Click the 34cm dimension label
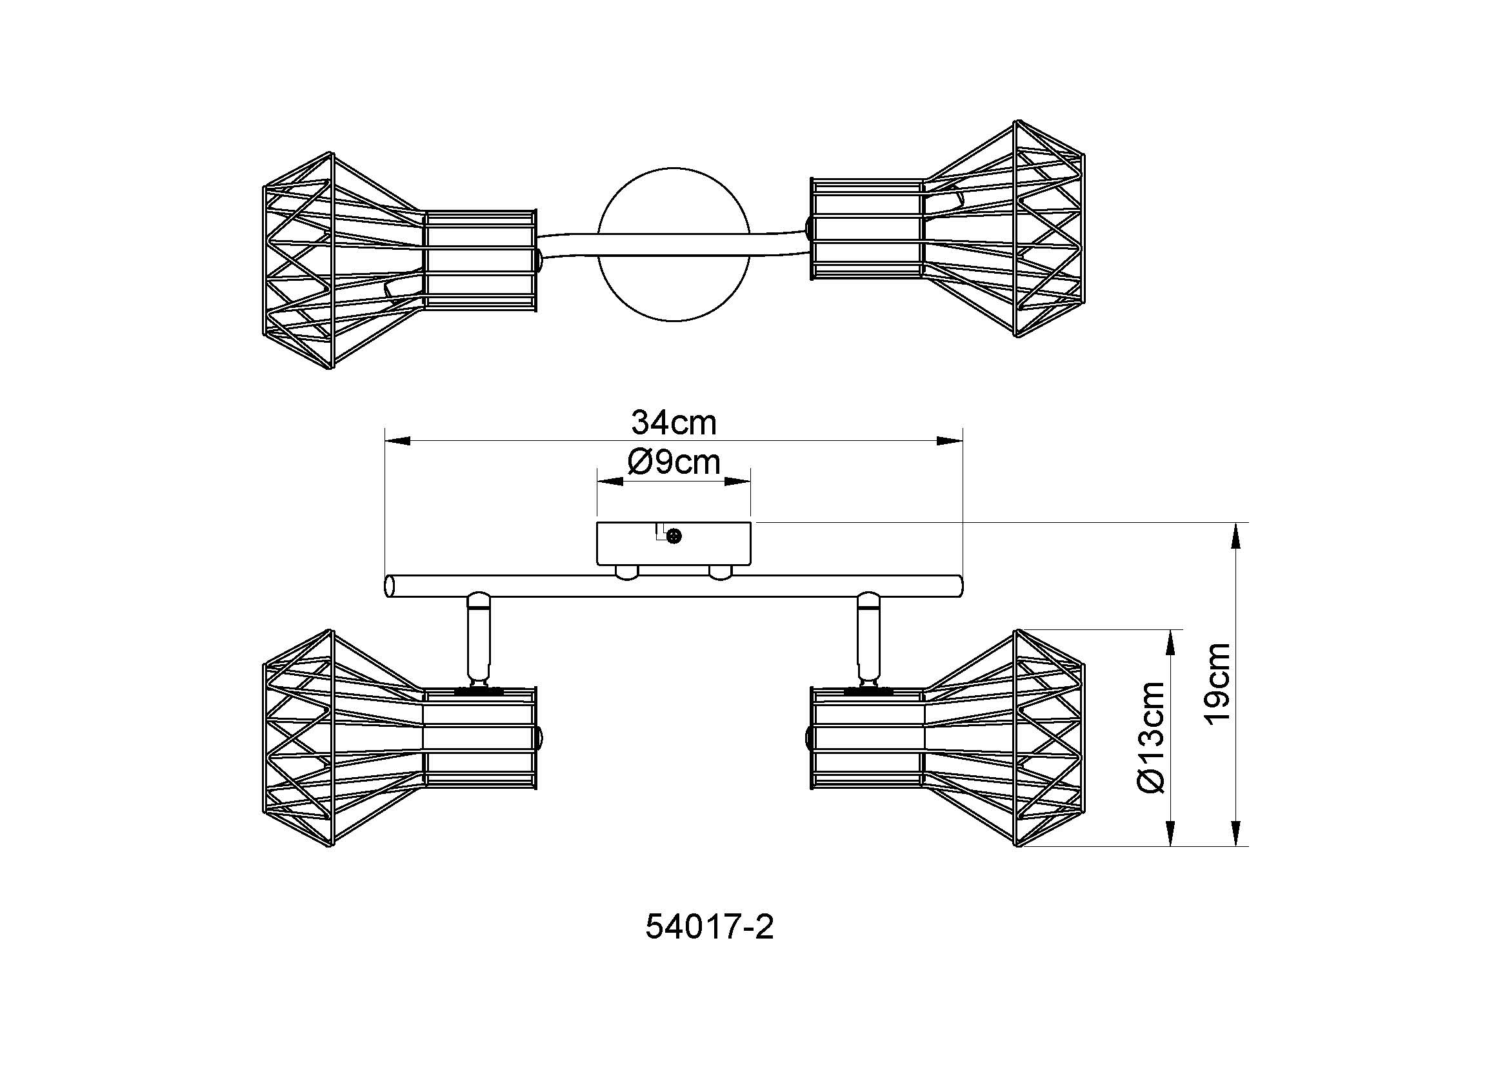tap(674, 422)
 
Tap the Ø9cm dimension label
tap(674, 462)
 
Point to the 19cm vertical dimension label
tap(1217, 682)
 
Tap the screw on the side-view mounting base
tap(674, 536)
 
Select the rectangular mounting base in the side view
tap(674, 544)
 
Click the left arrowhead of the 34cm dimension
tap(397, 441)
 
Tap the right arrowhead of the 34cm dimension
tap(950, 441)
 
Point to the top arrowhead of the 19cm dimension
tap(1237, 535)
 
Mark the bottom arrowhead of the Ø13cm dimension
tap(1171, 833)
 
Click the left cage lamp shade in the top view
tap(399, 260)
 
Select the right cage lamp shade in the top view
tap(947, 229)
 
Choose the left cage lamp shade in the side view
tap(399, 738)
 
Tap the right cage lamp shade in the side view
tap(947, 738)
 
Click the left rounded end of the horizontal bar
tap(390, 585)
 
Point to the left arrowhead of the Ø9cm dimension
tap(609, 482)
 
